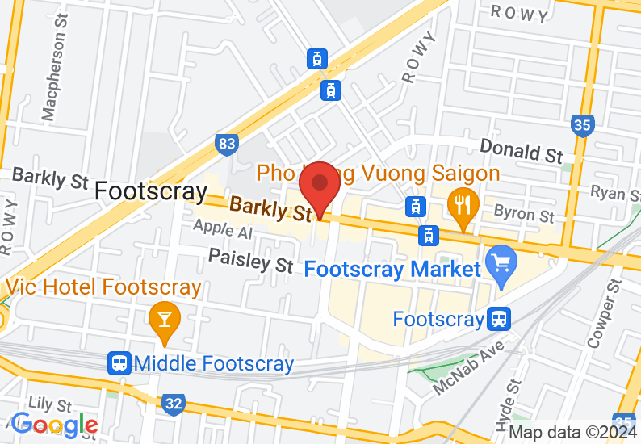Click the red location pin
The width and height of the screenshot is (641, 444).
click(x=320, y=188)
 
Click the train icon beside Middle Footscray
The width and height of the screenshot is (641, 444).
click(x=120, y=363)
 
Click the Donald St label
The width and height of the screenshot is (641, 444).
click(x=522, y=149)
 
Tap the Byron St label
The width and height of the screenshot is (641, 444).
click(x=524, y=213)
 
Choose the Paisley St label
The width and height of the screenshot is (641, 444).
click(x=250, y=260)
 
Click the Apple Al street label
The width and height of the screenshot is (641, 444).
click(x=222, y=231)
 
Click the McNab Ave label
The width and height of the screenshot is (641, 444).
click(x=467, y=367)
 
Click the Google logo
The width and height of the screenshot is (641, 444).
click(x=55, y=425)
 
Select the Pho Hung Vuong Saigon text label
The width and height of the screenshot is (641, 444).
click(x=379, y=173)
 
